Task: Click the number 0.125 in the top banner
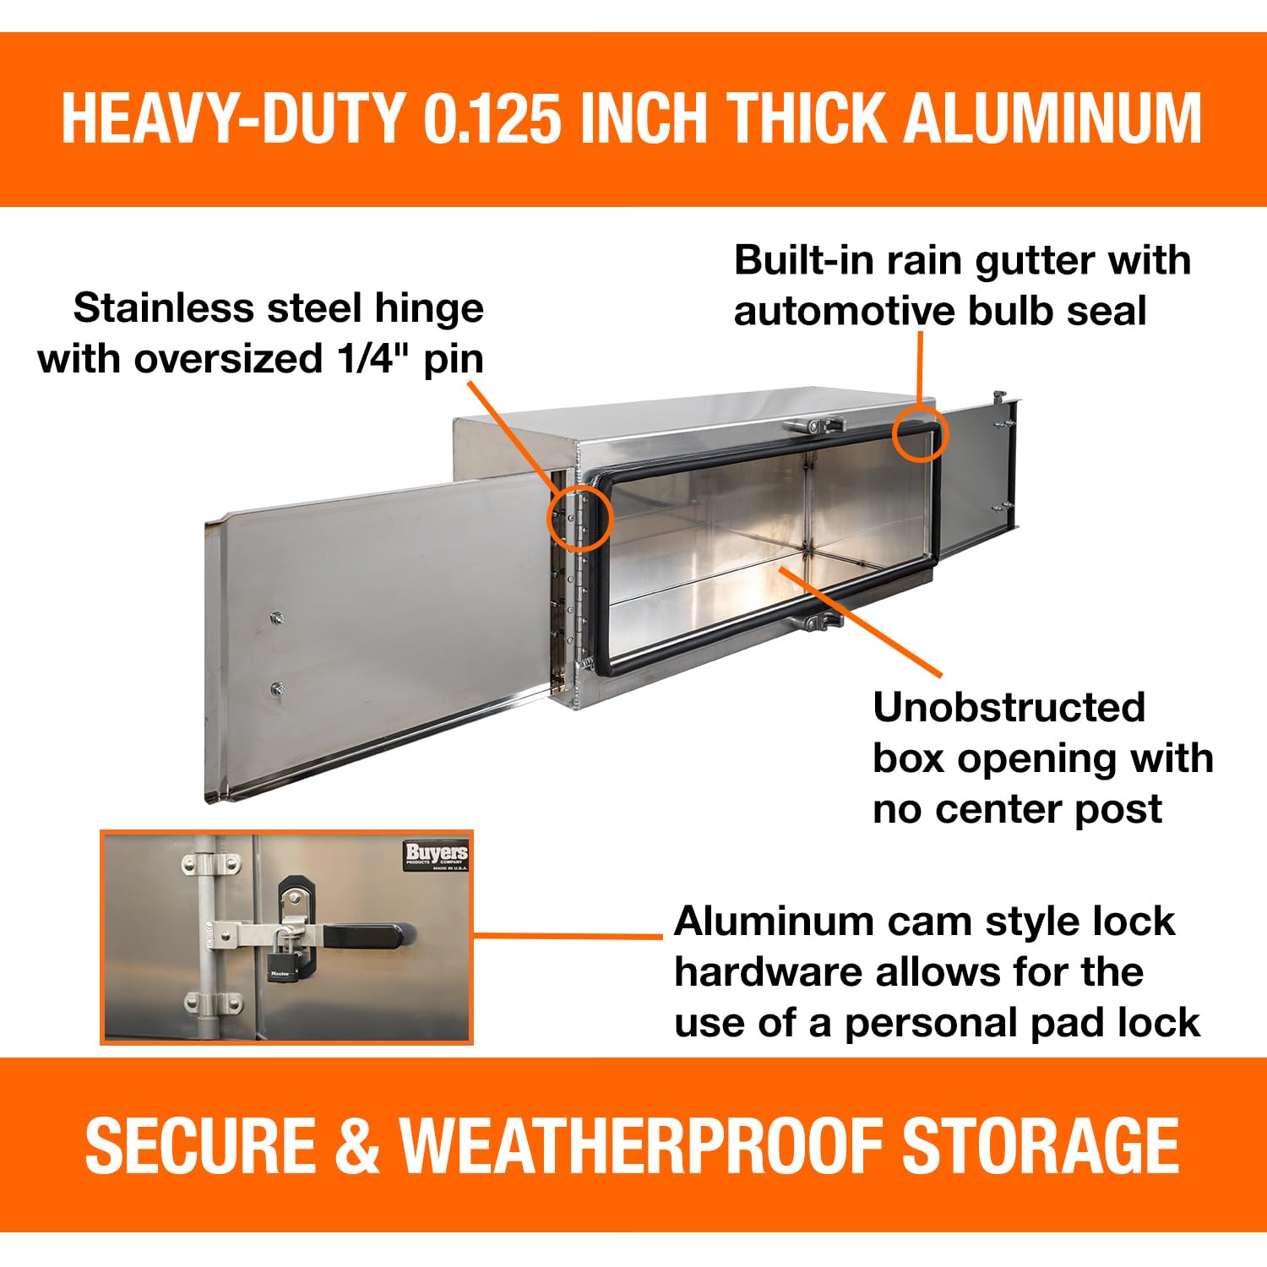tap(492, 118)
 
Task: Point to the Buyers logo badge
tap(436, 856)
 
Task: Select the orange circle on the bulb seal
tap(921, 434)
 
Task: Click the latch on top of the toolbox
tap(813, 426)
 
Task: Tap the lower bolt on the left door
tap(277, 689)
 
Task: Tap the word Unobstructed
tap(1009, 708)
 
